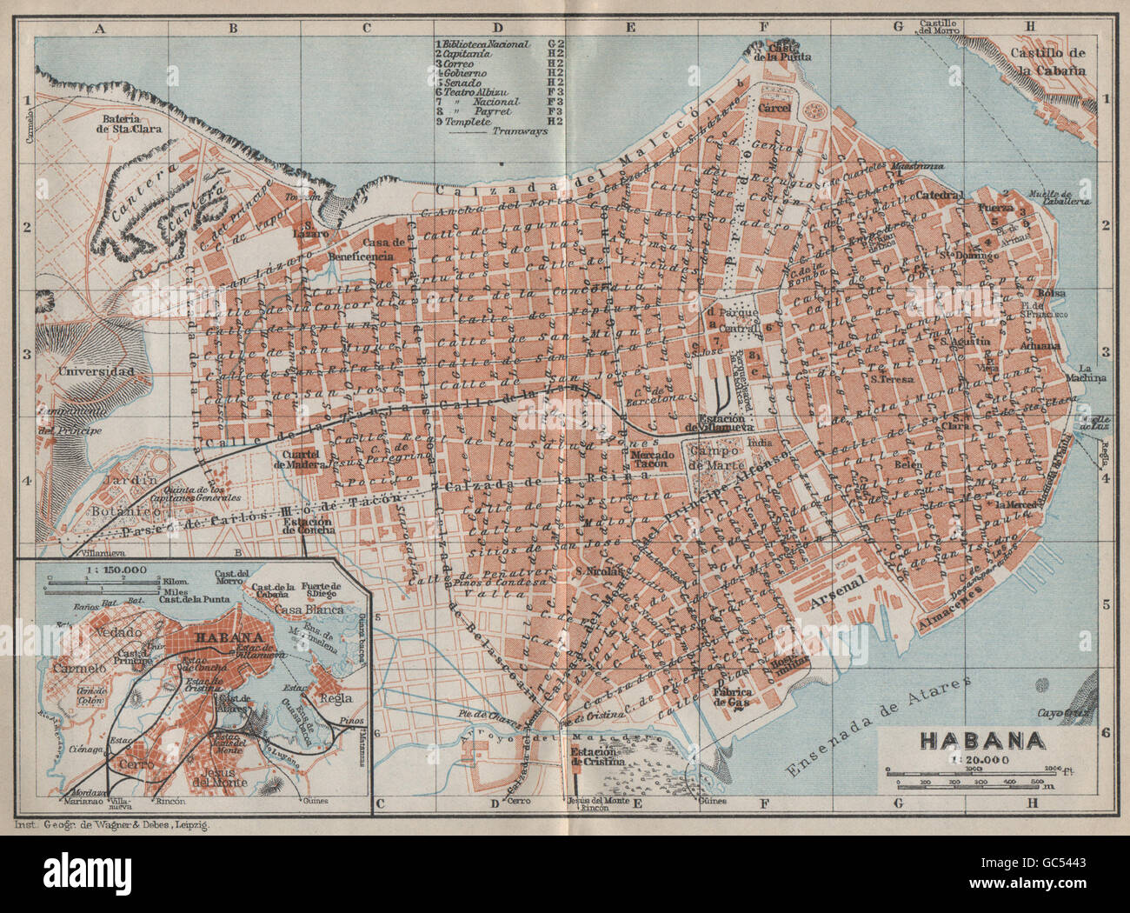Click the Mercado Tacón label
653,459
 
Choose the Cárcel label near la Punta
773,109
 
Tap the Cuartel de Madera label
302,459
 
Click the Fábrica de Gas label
733,696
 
